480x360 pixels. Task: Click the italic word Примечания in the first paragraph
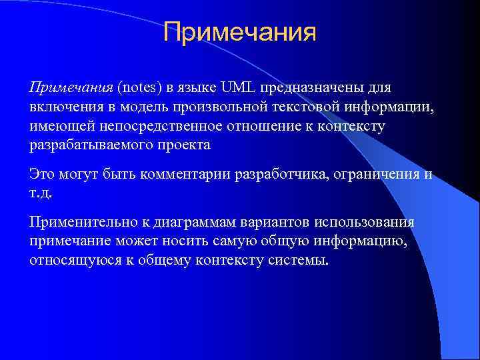click(71, 88)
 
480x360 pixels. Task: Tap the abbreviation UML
click(239, 88)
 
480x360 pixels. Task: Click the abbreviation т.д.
click(40, 193)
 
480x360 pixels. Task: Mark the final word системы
click(300, 260)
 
